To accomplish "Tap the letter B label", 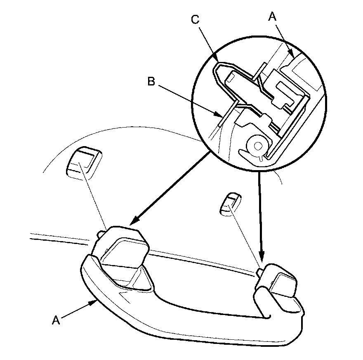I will (151, 82).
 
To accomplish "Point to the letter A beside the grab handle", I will (56, 320).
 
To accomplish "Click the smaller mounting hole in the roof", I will (229, 204).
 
